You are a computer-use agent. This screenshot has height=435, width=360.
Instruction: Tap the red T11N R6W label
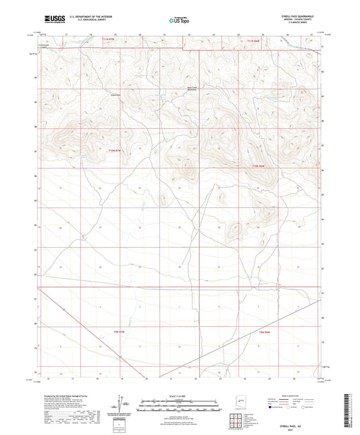coord(255,41)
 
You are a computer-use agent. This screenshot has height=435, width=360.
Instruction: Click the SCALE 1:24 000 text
coord(180,396)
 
